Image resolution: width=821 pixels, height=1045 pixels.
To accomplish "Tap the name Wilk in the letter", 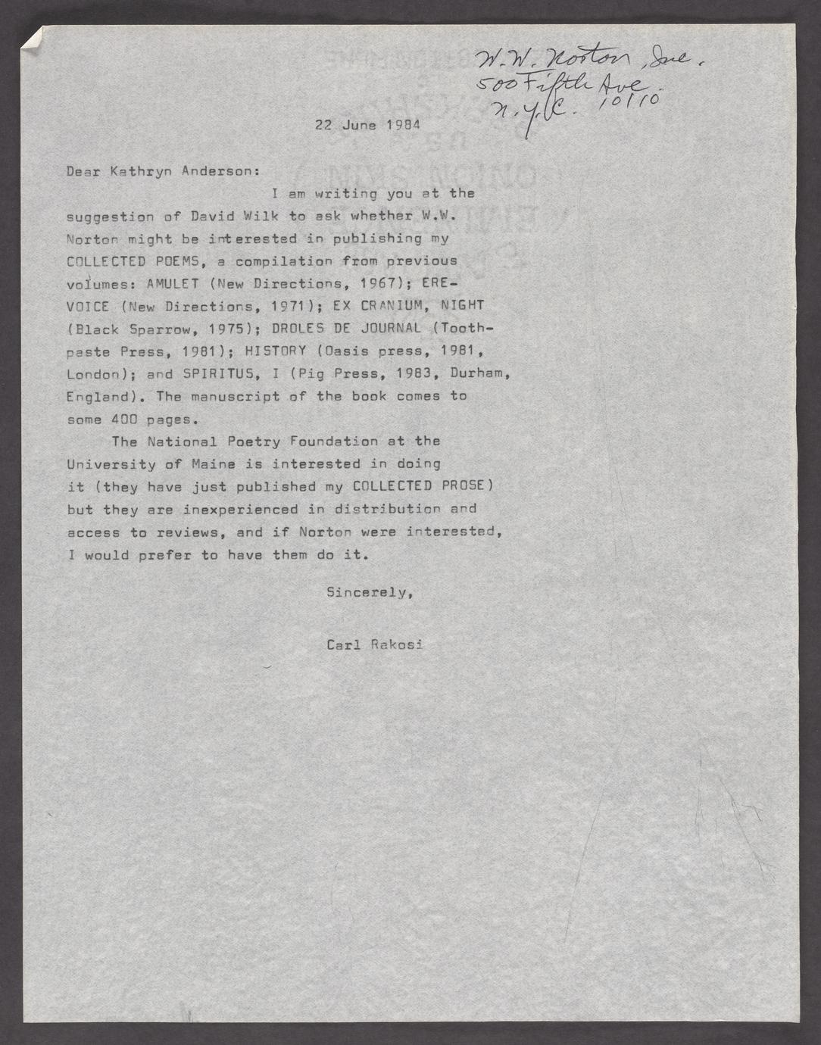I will tap(262, 216).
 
